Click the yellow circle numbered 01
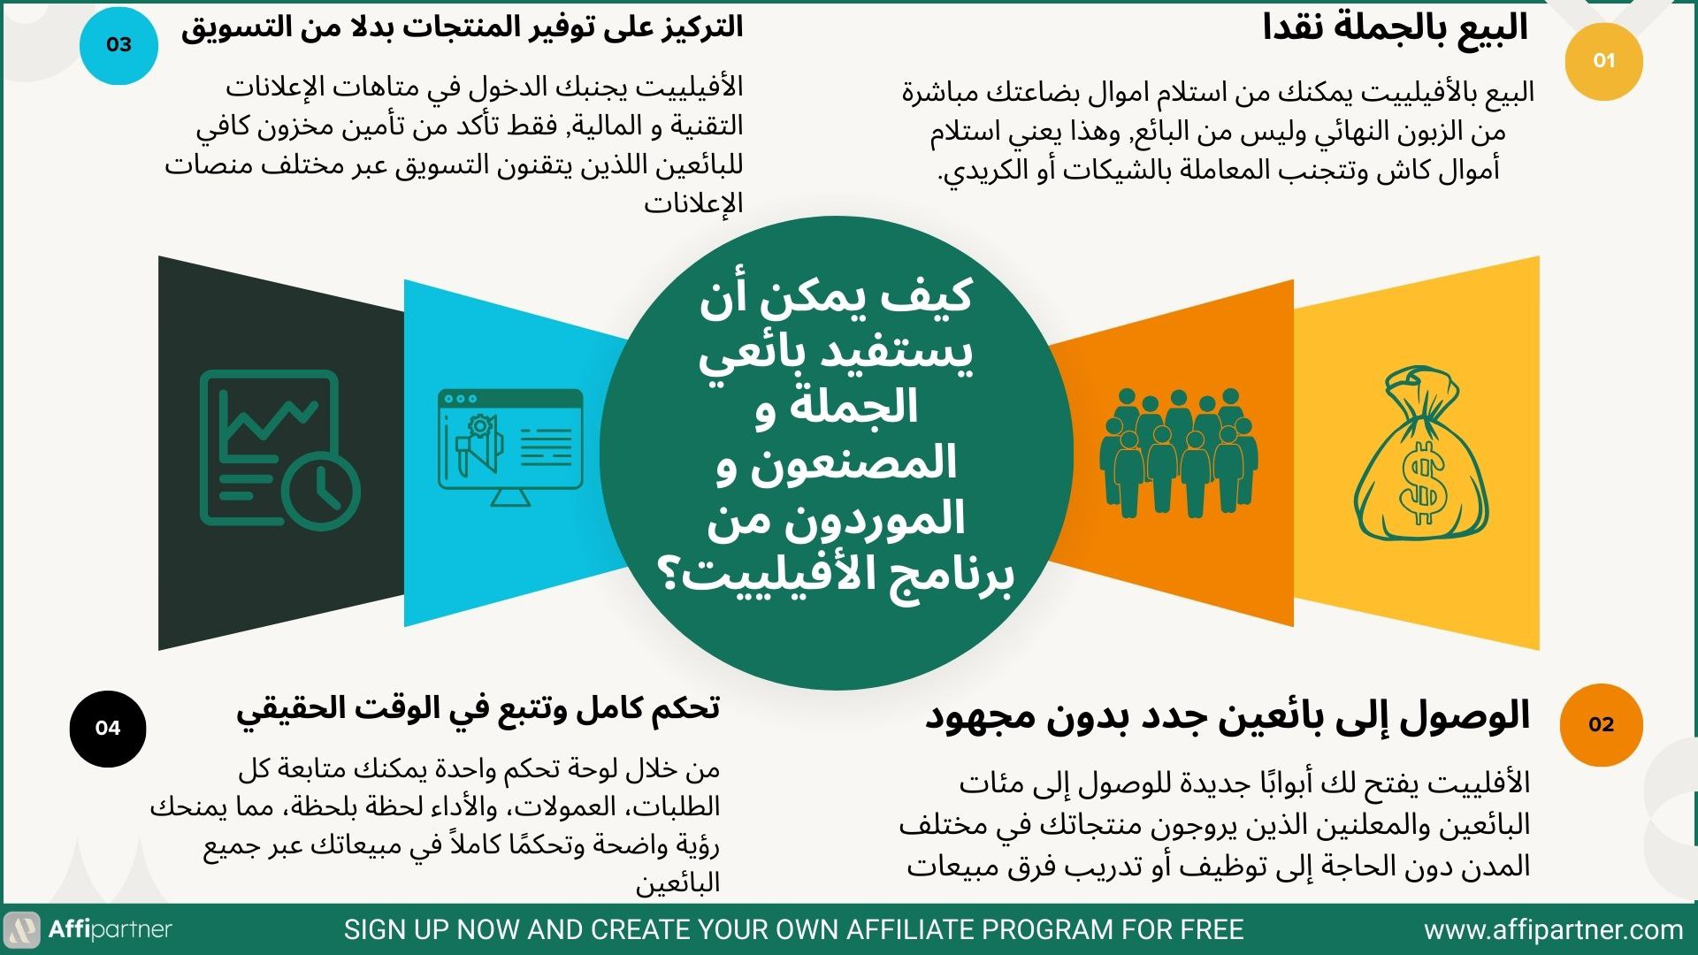tap(1603, 61)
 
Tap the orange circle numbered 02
tap(1602, 724)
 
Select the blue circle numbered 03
tap(119, 45)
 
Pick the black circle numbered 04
tap(108, 728)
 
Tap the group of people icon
tap(1177, 453)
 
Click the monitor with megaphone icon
tap(510, 447)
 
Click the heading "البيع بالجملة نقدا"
tap(1396, 27)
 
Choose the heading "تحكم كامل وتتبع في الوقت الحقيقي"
tap(478, 710)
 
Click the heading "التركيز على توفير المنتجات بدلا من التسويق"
tap(462, 27)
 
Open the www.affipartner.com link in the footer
tap(1554, 930)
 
